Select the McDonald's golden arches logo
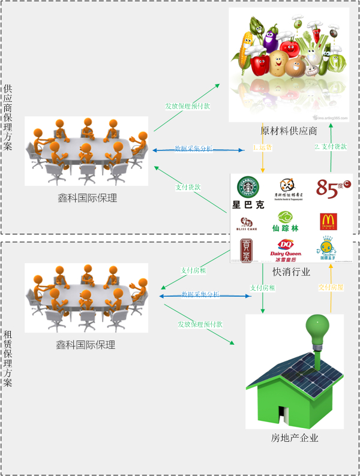pos(328,221)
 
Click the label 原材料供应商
pos(289,131)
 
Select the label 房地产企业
pos(295,438)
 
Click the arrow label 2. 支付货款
pos(331,147)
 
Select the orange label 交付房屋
pos(331,288)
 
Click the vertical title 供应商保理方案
pos(8,118)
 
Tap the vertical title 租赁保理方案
pos(8,358)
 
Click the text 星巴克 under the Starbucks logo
pos(248,205)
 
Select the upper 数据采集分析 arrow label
pos(193,149)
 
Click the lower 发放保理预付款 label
pos(200,324)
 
